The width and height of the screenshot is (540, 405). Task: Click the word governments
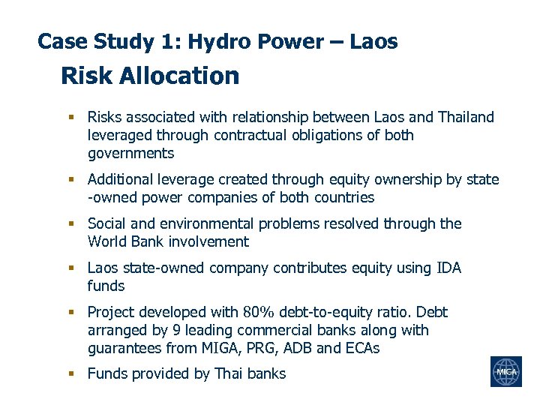click(130, 154)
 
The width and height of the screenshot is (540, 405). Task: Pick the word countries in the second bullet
click(341, 197)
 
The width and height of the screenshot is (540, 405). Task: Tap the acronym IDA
click(448, 268)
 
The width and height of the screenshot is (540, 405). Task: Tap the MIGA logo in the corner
click(505, 371)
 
